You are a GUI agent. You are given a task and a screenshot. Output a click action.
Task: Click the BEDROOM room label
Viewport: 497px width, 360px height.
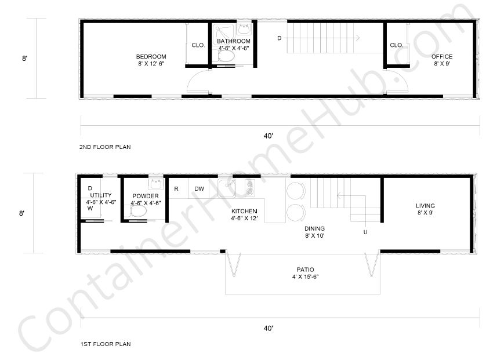coord(151,56)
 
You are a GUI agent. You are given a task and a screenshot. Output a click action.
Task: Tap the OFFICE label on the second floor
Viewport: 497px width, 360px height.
coord(441,56)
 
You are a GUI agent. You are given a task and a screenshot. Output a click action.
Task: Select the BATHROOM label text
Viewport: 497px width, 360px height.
coord(233,41)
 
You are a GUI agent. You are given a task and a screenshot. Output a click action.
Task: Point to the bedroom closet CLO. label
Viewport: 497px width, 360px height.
coord(198,45)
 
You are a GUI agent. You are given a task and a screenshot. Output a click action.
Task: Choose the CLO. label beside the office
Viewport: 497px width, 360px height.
coord(396,45)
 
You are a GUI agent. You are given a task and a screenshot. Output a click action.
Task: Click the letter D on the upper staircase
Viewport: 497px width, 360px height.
coord(279,38)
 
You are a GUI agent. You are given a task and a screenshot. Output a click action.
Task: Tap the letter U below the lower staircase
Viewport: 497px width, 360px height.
coord(365,232)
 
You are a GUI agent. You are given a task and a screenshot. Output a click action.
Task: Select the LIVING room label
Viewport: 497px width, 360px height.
coord(425,206)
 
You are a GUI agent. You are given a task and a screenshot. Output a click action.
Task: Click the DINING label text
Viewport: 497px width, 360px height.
coord(314,228)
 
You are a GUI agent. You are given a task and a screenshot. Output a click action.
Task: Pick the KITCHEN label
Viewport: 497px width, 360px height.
coord(244,211)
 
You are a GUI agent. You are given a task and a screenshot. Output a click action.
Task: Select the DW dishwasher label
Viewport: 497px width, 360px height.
coord(199,189)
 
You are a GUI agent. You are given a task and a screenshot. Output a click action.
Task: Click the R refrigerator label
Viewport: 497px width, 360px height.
coord(176,189)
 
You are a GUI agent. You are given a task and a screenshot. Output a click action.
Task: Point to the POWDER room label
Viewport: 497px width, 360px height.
coord(145,196)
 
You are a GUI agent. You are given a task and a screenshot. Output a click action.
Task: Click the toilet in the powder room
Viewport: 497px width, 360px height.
coord(139,213)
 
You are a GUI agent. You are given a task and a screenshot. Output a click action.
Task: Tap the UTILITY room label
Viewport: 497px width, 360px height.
coord(101,195)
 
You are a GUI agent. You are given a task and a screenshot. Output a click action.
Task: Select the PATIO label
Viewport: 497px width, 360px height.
coord(305,270)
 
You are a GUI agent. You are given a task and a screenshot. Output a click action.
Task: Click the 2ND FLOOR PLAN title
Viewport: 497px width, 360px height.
coord(105,147)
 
